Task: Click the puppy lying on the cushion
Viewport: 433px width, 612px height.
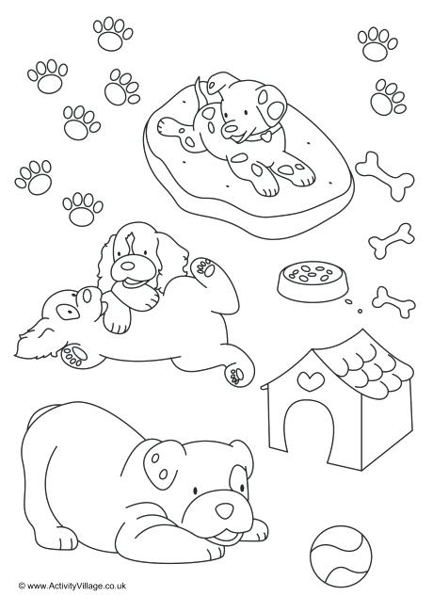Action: coord(226,127)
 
